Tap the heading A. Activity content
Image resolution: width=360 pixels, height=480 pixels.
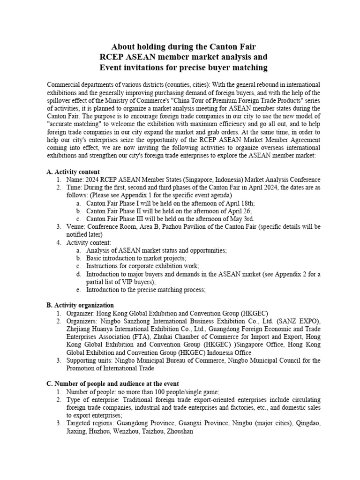(x=73, y=172)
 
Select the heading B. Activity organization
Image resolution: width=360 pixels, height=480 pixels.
(x=80, y=305)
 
